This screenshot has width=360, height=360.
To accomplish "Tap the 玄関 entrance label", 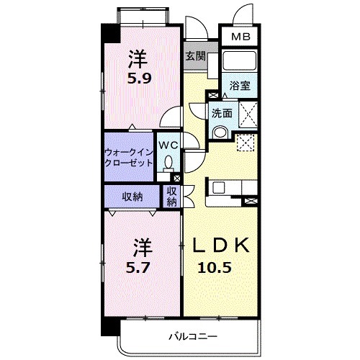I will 194,56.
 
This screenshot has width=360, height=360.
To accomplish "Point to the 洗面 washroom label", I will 221,112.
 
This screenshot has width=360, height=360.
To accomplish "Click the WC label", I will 167,144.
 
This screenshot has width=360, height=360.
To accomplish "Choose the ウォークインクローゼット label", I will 129,157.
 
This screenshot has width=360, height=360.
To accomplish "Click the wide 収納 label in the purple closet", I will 131,196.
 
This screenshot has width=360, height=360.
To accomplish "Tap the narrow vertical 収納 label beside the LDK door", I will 172,196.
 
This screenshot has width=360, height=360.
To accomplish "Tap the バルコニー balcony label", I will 194,336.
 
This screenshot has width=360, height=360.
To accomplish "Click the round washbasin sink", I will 220,131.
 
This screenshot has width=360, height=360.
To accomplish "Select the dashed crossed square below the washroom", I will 245,143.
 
